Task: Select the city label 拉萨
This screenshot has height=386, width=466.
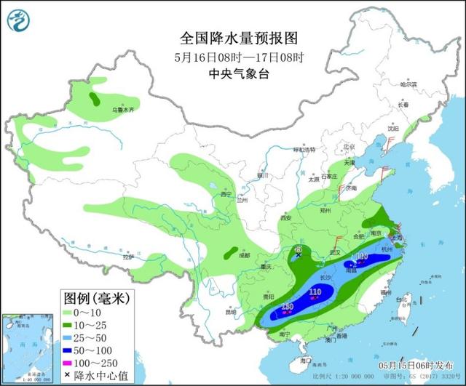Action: pyautogui.click(x=128, y=257)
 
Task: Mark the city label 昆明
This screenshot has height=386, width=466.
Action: pyautogui.click(x=231, y=313)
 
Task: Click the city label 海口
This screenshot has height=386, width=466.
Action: pyautogui.click(x=306, y=361)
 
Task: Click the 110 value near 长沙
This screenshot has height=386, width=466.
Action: pyautogui.click(x=315, y=292)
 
